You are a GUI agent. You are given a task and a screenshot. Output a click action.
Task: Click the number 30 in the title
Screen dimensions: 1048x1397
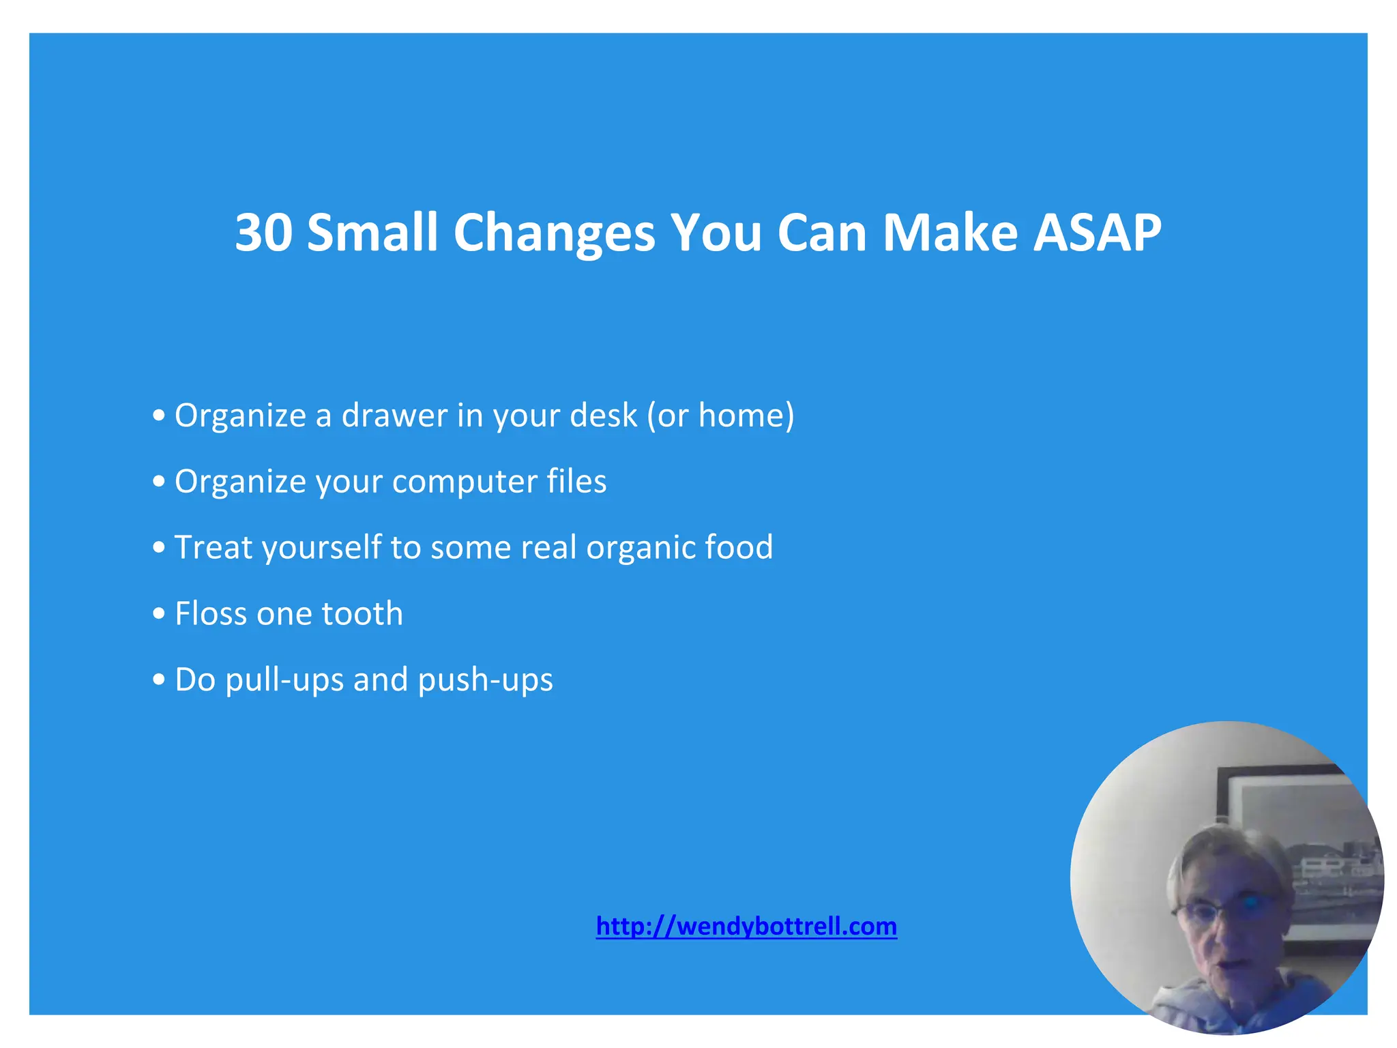(264, 233)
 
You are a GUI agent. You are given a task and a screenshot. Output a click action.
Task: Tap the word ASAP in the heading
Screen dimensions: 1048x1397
(1097, 233)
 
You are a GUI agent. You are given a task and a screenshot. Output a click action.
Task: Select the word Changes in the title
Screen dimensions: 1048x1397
(553, 234)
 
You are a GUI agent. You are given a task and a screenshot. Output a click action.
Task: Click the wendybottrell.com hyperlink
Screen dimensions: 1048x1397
(746, 926)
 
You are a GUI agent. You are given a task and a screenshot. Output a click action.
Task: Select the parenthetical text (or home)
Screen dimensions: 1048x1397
(720, 415)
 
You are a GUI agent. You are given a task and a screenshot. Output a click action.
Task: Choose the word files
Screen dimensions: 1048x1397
(576, 480)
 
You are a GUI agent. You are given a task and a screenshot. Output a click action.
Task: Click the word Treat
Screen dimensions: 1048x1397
(214, 547)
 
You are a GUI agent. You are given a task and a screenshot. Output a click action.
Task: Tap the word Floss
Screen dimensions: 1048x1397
(211, 613)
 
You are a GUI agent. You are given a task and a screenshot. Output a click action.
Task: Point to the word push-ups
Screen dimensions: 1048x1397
(485, 680)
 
